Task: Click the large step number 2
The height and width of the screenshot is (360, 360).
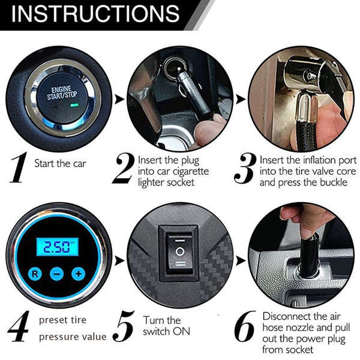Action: pos(122,169)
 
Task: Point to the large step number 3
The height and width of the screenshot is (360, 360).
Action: pos(245,169)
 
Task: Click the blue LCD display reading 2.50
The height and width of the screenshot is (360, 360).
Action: pos(56,245)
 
